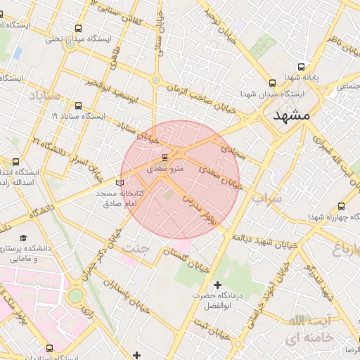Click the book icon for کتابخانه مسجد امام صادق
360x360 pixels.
[x=119, y=182]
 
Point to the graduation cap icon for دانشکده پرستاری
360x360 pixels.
[x=23, y=238]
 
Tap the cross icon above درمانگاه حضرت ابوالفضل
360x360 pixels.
[x=217, y=285]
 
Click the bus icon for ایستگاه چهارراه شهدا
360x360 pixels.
[x=342, y=207]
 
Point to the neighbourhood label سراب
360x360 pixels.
[x=266, y=199]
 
